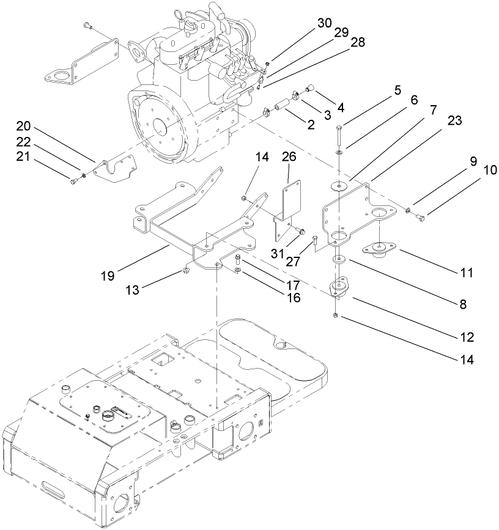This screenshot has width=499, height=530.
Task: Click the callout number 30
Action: pos(324,23)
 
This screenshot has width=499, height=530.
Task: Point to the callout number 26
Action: pos(289,157)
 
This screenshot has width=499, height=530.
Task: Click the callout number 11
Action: pos(467,273)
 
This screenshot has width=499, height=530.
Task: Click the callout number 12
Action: pos(467,337)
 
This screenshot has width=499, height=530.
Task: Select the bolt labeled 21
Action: pos(74,181)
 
